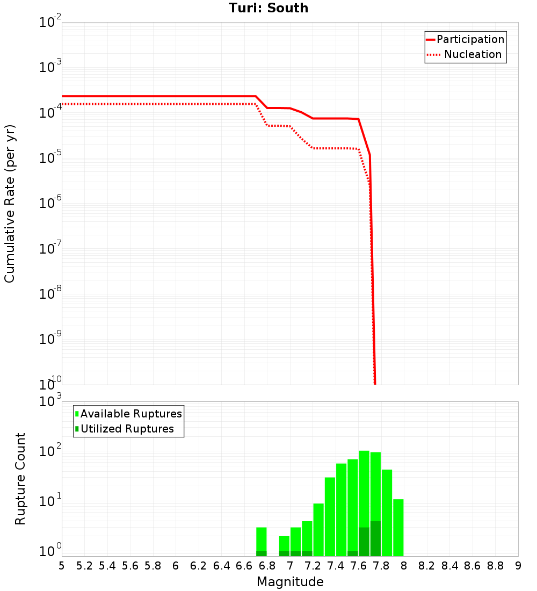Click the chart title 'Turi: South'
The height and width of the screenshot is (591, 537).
(x=268, y=8)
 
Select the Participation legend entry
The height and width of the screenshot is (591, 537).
(x=465, y=39)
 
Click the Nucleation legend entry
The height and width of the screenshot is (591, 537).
(x=465, y=54)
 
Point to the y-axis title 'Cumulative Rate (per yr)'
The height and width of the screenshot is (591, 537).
(x=10, y=204)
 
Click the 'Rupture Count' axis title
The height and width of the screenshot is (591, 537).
(x=20, y=478)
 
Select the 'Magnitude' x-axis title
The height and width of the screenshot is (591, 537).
(x=290, y=582)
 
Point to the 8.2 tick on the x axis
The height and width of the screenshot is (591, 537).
(x=426, y=566)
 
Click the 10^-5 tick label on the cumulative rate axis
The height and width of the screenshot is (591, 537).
(x=51, y=158)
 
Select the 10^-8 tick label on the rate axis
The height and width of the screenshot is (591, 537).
(x=51, y=294)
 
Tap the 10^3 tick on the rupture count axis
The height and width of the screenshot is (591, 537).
(x=51, y=401)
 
